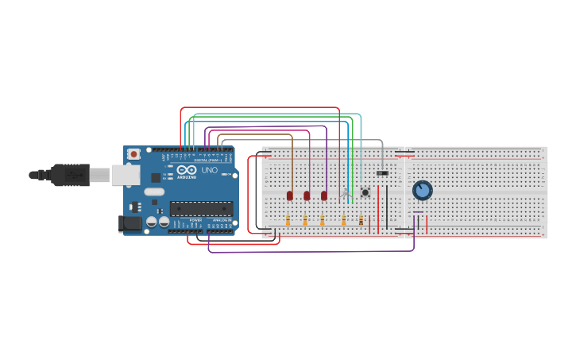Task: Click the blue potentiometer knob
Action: pos(422,190)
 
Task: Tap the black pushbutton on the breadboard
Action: pos(365,192)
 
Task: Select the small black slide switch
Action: pos(383,173)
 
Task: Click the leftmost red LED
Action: pos(290,195)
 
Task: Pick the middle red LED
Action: pos(307,195)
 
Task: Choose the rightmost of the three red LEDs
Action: pos(324,195)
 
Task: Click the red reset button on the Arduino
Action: pos(134,153)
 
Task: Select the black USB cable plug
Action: pos(72,174)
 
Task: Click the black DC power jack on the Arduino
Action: pos(130,224)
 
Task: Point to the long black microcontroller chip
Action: pos(201,208)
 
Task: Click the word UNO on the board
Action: pos(210,170)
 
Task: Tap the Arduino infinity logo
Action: pos(187,170)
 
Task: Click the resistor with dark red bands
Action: pos(361,221)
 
